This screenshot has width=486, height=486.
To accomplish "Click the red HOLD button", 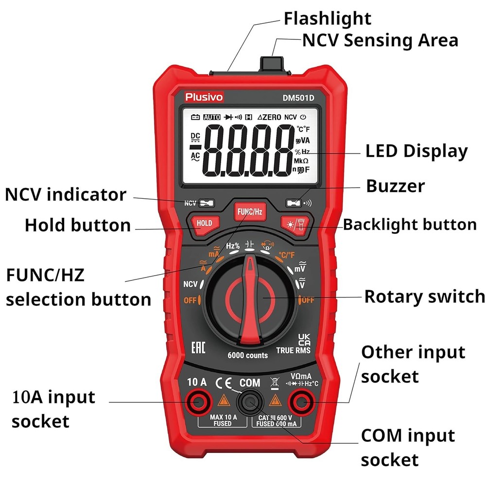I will pos(204,223).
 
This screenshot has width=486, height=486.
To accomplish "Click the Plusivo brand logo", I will pos(204,97).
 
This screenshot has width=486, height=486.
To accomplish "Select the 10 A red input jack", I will pos(198,402).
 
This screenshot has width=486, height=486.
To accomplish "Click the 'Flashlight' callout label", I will pos(327,18).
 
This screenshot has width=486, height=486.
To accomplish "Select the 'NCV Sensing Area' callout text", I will pos(380,40).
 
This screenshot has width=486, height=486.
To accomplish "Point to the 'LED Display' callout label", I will pos(416,151).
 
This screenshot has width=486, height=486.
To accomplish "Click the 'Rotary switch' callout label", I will pos(424,296).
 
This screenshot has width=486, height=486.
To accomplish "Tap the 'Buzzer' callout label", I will pos(395,186).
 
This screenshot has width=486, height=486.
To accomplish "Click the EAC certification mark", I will pos(198,347).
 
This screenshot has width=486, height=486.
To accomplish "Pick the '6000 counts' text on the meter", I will pos(247,355).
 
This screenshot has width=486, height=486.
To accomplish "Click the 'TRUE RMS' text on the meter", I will pos(293,350).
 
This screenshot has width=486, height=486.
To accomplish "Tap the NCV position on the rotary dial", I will pos(190,284).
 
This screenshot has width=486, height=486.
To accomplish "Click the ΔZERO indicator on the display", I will pos(269,117).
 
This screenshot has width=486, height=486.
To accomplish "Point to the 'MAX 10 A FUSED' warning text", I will pos(223,420).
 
